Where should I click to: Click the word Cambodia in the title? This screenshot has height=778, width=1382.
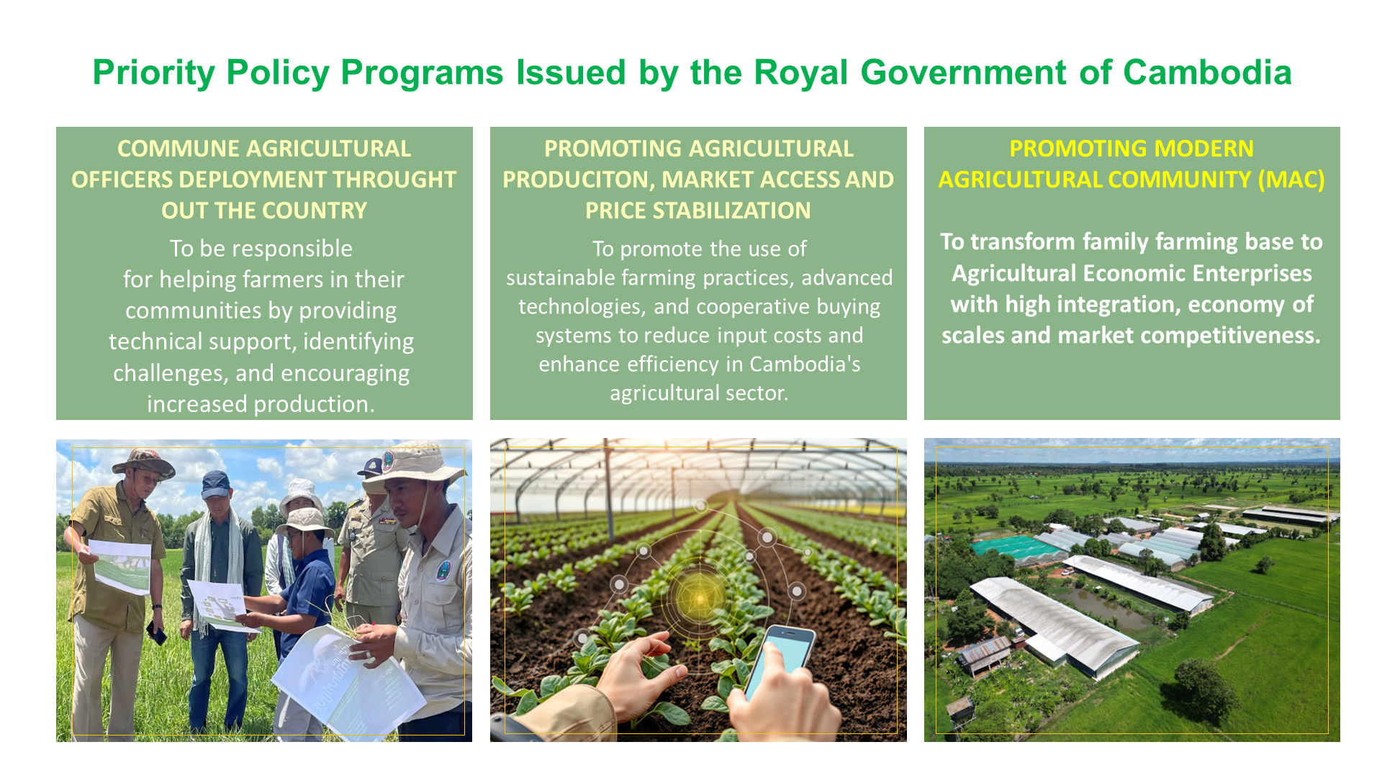(1207, 73)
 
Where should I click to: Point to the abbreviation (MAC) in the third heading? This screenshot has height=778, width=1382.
(1291, 179)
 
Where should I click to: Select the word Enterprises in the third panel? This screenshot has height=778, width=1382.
(1262, 274)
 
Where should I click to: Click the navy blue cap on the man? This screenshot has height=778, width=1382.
(215, 484)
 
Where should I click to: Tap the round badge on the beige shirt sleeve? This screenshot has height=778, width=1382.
(443, 571)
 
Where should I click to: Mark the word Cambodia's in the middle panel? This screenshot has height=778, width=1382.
(805, 365)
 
